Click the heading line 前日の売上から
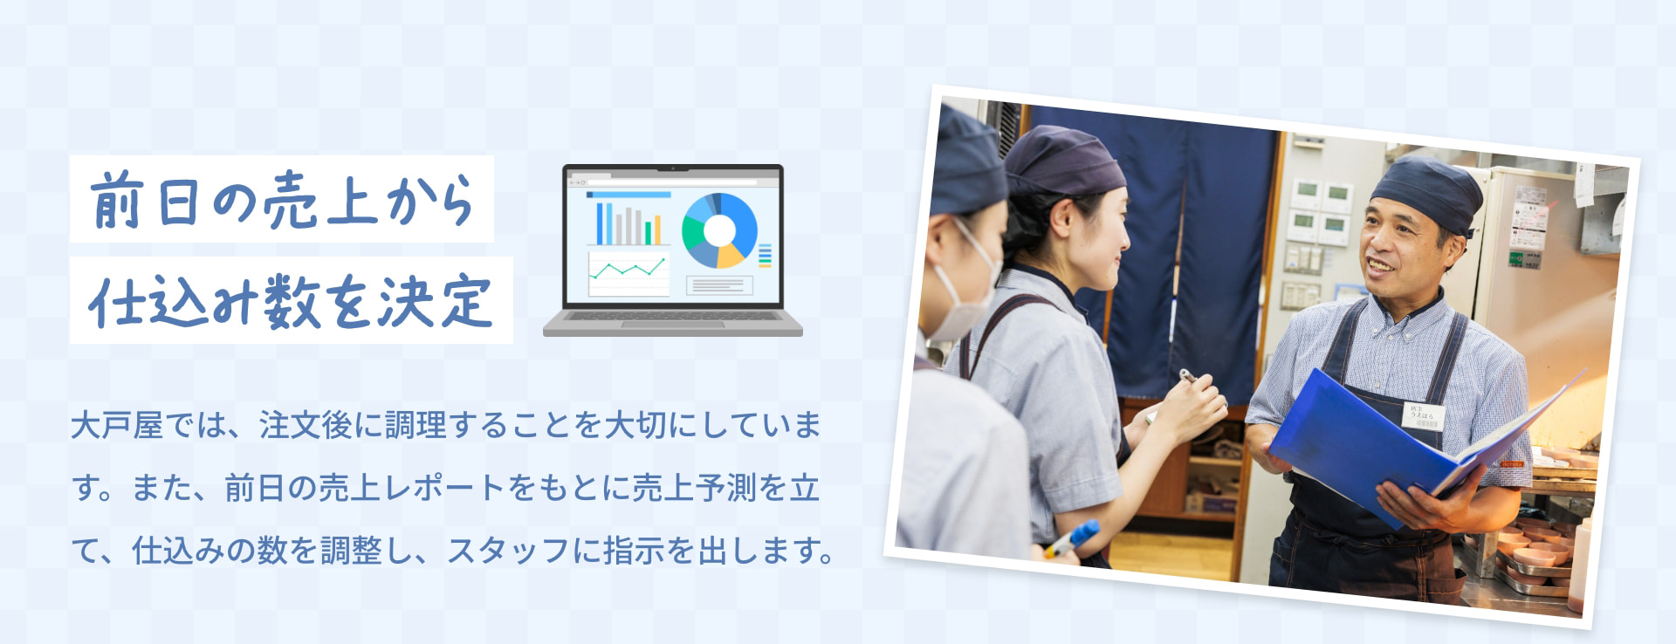(x=282, y=200)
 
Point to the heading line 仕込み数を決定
(x=291, y=301)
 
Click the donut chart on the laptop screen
(x=718, y=230)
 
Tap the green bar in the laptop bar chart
(x=648, y=232)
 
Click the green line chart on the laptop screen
(x=628, y=270)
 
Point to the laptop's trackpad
(x=672, y=325)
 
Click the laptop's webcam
(x=673, y=168)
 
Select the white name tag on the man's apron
(x=1424, y=415)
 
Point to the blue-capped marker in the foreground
(x=1073, y=538)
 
